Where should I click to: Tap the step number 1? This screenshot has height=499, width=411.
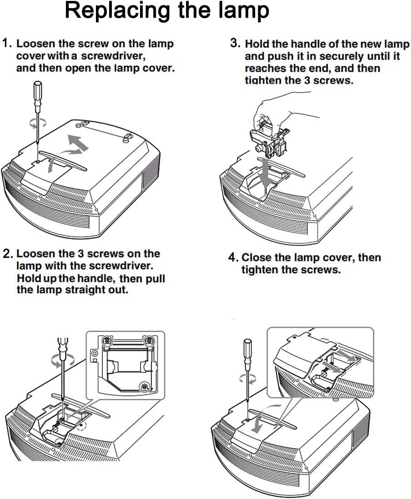tap(6, 44)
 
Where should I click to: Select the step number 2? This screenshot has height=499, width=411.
tap(7, 254)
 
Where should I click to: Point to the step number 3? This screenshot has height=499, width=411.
tap(235, 43)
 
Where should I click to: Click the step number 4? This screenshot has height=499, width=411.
tap(233, 258)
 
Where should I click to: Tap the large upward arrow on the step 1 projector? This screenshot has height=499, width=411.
tap(75, 143)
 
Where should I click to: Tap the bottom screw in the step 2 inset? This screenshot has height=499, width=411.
tap(144, 387)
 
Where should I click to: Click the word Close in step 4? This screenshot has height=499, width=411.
tap(255, 258)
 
